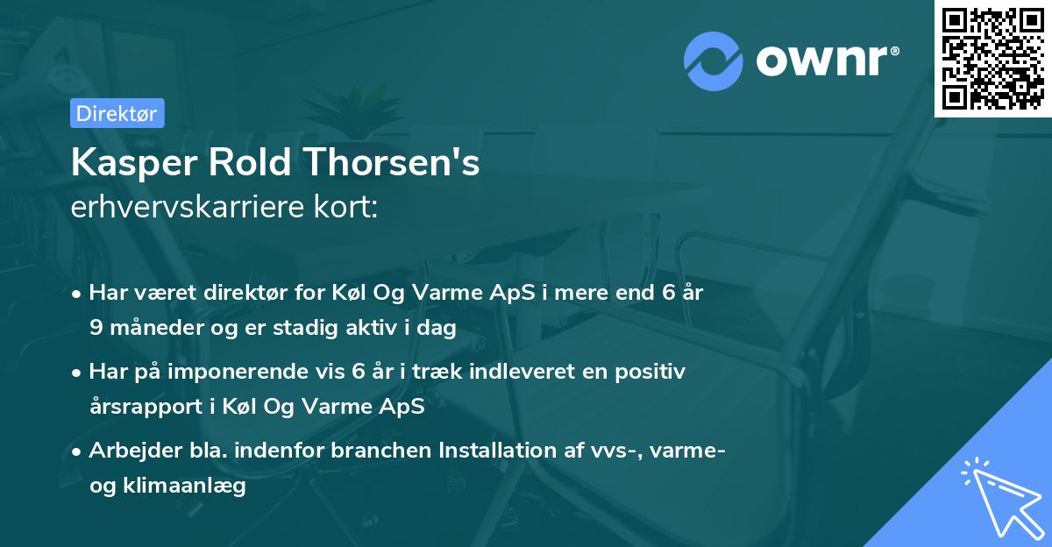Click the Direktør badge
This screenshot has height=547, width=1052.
117,113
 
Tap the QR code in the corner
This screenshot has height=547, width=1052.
992,58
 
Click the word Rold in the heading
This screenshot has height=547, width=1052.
261,163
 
